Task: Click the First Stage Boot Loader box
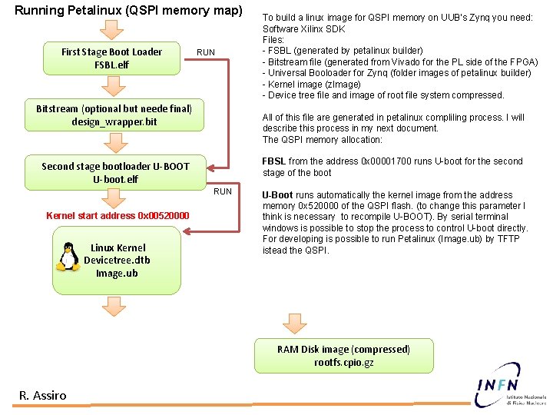[112, 58]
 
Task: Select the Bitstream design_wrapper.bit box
[114, 115]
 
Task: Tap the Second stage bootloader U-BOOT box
[115, 173]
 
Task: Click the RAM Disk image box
[344, 356]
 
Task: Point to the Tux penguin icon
[68, 257]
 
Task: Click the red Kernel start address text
[118, 216]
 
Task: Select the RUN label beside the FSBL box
[206, 52]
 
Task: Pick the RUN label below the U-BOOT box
[223, 191]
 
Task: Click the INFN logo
[510, 385]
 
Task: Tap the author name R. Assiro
[43, 396]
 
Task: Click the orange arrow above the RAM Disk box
[295, 324]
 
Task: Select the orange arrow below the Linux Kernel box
[114, 307]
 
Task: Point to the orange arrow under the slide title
[111, 30]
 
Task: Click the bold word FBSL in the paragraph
[274, 161]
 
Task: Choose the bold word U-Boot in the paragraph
[277, 194]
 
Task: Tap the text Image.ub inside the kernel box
[117, 273]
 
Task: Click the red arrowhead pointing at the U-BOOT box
[210, 168]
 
